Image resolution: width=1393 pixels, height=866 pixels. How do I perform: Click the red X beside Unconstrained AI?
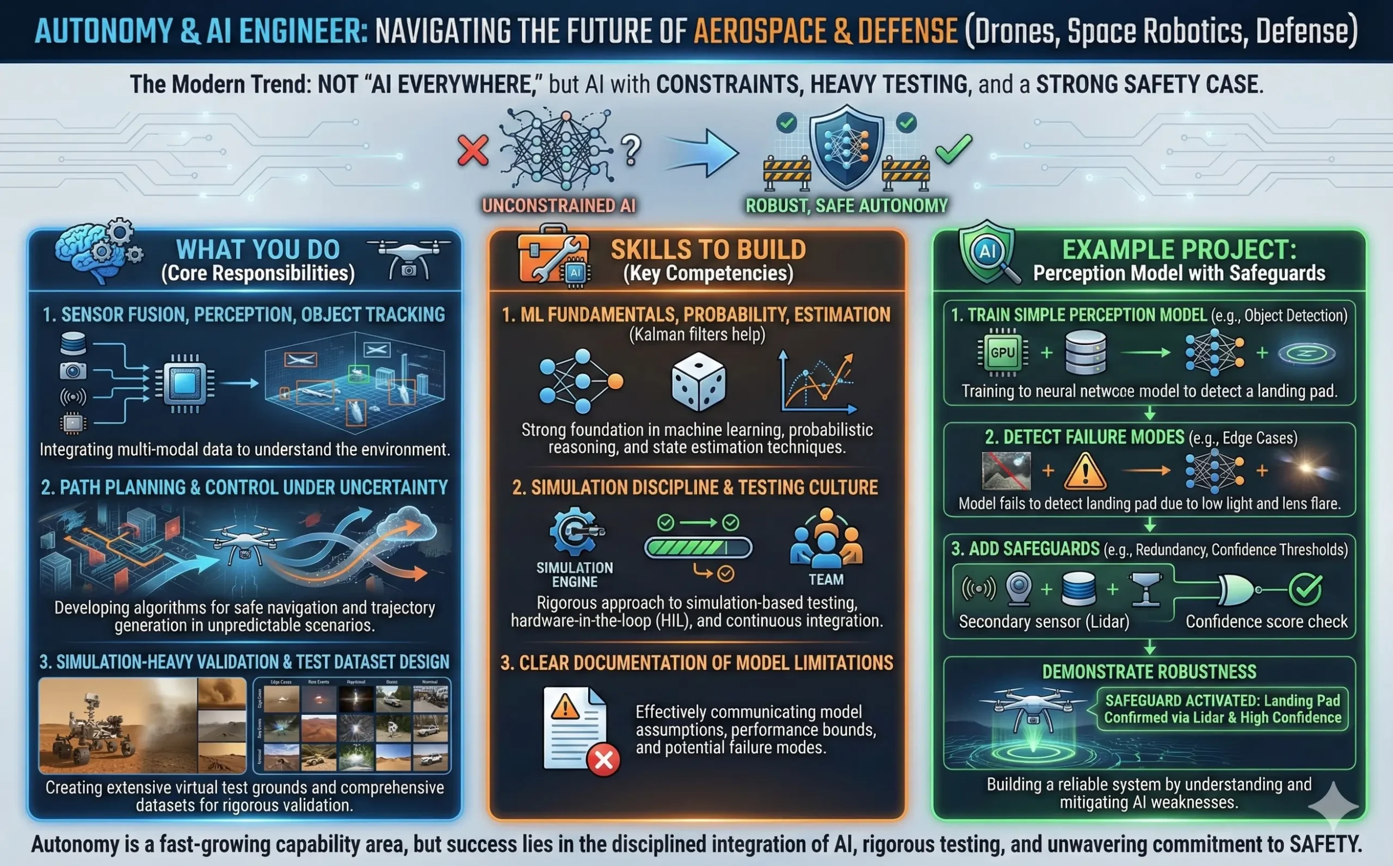click(472, 151)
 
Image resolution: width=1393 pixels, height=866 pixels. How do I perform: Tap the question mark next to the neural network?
click(631, 150)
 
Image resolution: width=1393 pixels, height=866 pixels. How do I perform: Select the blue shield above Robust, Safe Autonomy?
click(847, 147)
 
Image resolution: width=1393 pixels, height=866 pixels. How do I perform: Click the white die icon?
click(698, 381)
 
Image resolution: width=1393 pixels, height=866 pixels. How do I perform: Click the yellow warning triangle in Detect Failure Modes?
click(1085, 472)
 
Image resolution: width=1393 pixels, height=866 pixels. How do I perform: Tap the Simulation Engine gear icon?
click(575, 531)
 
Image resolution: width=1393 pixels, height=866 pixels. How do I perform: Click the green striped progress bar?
click(698, 548)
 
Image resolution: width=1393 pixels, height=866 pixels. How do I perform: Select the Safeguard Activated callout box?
click(1222, 709)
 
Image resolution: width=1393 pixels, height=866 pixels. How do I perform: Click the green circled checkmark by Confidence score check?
click(1305, 589)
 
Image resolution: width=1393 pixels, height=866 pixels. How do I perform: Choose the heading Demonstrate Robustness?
click(1149, 672)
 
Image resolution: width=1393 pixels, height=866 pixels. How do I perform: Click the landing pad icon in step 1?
click(1306, 354)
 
